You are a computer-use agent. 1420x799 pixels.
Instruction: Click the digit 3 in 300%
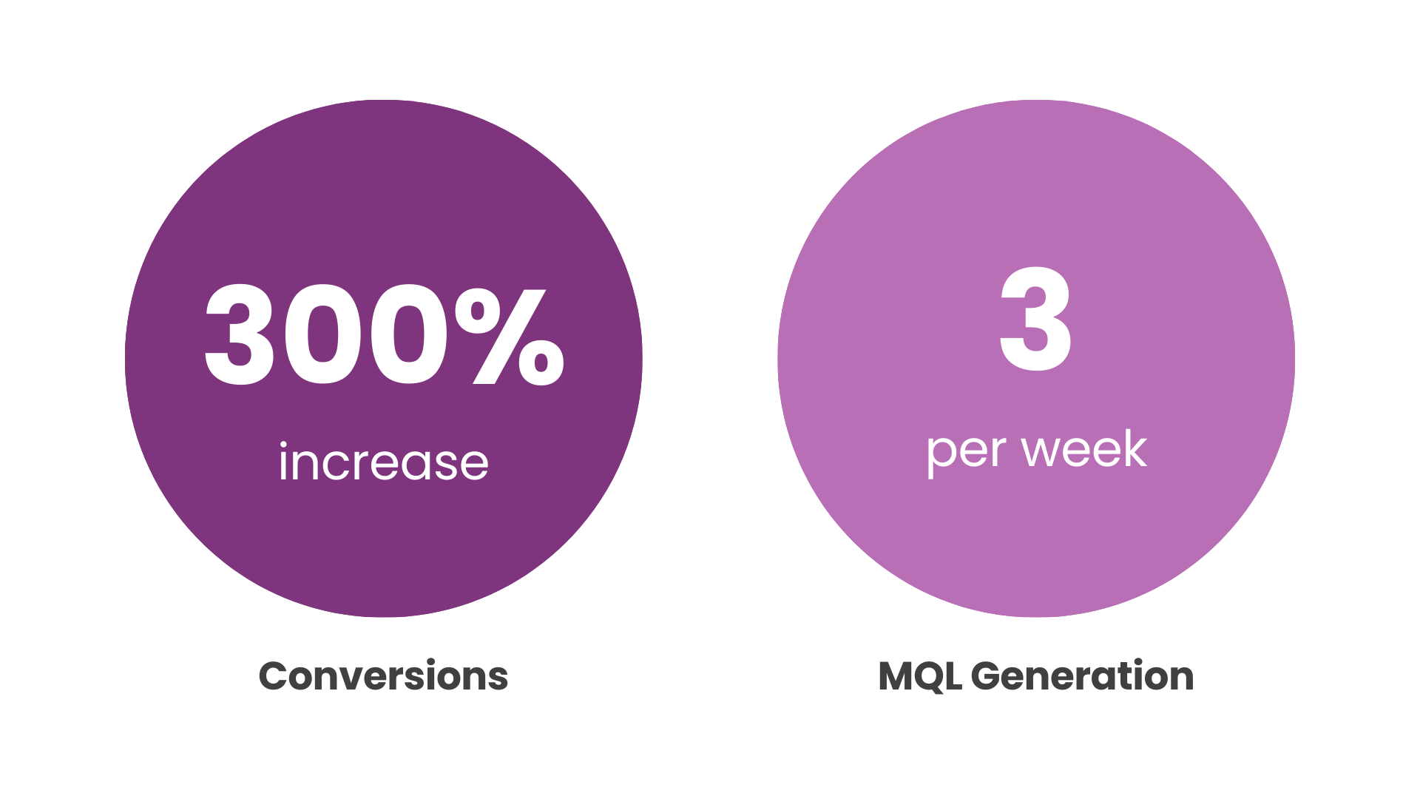[x=240, y=335]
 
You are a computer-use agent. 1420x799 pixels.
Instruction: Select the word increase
[x=383, y=461]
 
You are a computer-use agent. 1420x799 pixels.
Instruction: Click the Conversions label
[x=383, y=676]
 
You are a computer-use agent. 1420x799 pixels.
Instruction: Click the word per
[x=965, y=454]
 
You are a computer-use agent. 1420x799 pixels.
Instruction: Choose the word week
[x=1083, y=448]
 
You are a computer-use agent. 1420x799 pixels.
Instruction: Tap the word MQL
[x=920, y=677]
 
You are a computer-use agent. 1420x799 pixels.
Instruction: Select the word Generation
[x=1082, y=676]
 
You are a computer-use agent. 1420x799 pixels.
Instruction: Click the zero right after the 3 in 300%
[x=325, y=335]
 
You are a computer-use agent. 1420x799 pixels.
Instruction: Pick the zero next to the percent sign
[x=409, y=335]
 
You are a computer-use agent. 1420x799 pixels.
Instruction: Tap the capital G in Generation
[x=987, y=676]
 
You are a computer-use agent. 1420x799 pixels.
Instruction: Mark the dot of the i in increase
[x=283, y=445]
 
